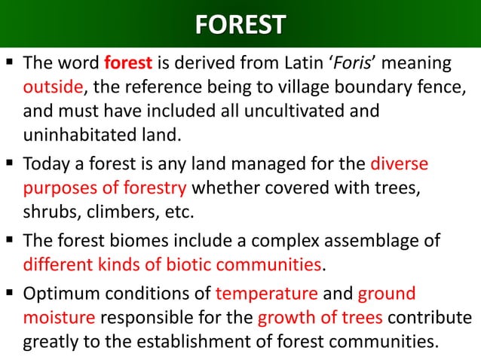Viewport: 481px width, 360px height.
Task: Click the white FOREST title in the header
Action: [240, 24]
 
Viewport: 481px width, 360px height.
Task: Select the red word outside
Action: [52, 87]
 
